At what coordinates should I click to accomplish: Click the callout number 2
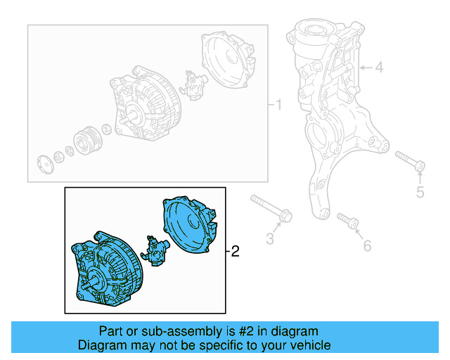(235, 251)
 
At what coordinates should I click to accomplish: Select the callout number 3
(269, 239)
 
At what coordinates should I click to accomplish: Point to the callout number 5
(420, 192)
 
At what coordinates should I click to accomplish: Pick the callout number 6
(366, 245)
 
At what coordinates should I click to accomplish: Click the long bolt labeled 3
(271, 209)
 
